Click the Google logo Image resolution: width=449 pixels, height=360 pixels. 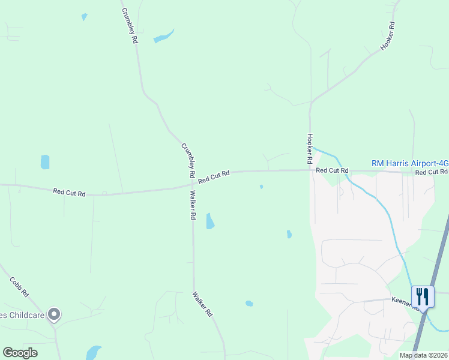click(x=20, y=352)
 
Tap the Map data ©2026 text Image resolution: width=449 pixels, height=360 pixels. click(x=423, y=355)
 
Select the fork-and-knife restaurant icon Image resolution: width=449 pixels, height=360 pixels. click(x=423, y=296)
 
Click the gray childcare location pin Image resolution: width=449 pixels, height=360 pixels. click(x=55, y=314)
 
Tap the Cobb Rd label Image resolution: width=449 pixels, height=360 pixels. click(x=19, y=287)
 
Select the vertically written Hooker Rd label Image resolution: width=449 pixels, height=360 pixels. click(x=310, y=149)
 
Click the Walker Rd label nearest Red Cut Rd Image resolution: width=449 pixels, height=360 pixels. click(x=193, y=205)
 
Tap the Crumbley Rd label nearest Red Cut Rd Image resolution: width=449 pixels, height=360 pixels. click(x=188, y=160)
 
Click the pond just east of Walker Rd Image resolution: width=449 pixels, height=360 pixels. click(x=210, y=221)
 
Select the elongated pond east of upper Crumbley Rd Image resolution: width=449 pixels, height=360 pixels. click(x=163, y=37)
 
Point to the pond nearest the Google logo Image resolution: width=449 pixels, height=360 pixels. click(x=93, y=352)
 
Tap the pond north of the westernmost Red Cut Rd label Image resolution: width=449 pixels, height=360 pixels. click(x=44, y=162)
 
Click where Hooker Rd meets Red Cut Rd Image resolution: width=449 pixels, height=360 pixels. click(x=310, y=170)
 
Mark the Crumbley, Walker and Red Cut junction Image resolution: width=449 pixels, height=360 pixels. click(x=192, y=184)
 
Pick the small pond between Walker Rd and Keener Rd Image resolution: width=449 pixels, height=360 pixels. click(x=249, y=304)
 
